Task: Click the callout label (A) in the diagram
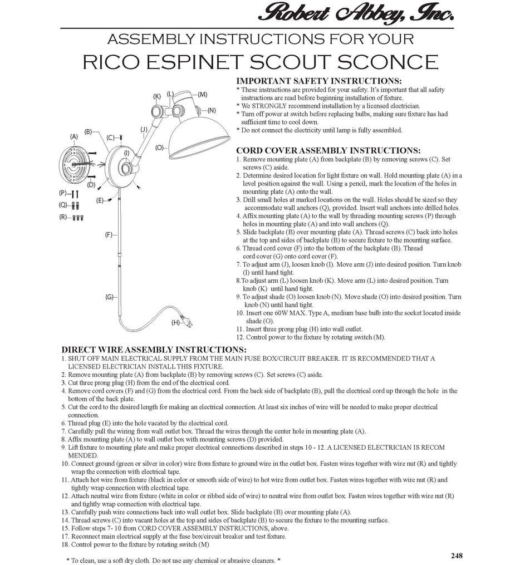74,136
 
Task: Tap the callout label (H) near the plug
175,322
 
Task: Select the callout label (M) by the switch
203,95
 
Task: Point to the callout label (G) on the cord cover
109,297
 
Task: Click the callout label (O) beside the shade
160,148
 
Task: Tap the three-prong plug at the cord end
188,321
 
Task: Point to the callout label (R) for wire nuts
63,217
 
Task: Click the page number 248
457,556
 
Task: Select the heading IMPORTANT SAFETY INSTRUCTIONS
319,81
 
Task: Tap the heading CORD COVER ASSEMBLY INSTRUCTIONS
328,150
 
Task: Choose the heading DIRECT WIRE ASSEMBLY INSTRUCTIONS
154,350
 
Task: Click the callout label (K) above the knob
157,96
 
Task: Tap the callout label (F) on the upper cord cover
109,235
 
